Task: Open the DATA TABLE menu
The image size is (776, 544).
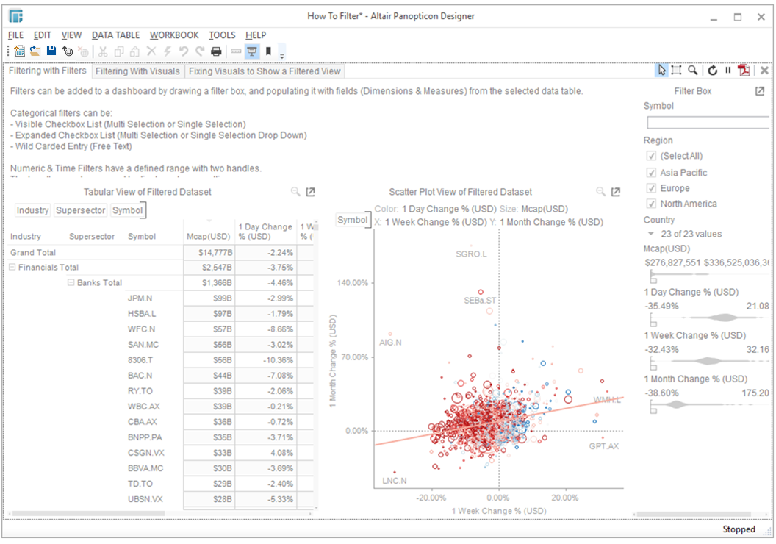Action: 115,35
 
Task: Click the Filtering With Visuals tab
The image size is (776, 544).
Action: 137,71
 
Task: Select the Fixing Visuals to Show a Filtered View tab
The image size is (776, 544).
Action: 265,71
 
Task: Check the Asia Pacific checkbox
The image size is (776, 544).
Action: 651,173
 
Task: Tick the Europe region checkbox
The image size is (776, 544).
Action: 651,188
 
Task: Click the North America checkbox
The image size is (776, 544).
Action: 651,204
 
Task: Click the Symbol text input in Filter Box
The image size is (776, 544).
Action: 708,123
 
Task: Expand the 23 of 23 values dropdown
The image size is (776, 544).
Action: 651,234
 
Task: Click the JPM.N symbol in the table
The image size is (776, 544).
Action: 140,298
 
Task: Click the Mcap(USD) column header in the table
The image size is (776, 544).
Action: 209,237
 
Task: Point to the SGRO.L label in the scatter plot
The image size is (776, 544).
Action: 471,254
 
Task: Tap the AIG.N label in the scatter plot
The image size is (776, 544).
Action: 390,343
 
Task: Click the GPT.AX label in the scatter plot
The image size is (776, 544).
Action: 604,446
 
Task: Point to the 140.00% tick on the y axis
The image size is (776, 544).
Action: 353,283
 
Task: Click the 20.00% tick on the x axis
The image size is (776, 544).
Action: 566,498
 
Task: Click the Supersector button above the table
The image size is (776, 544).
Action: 81,210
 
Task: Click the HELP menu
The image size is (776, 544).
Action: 256,35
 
